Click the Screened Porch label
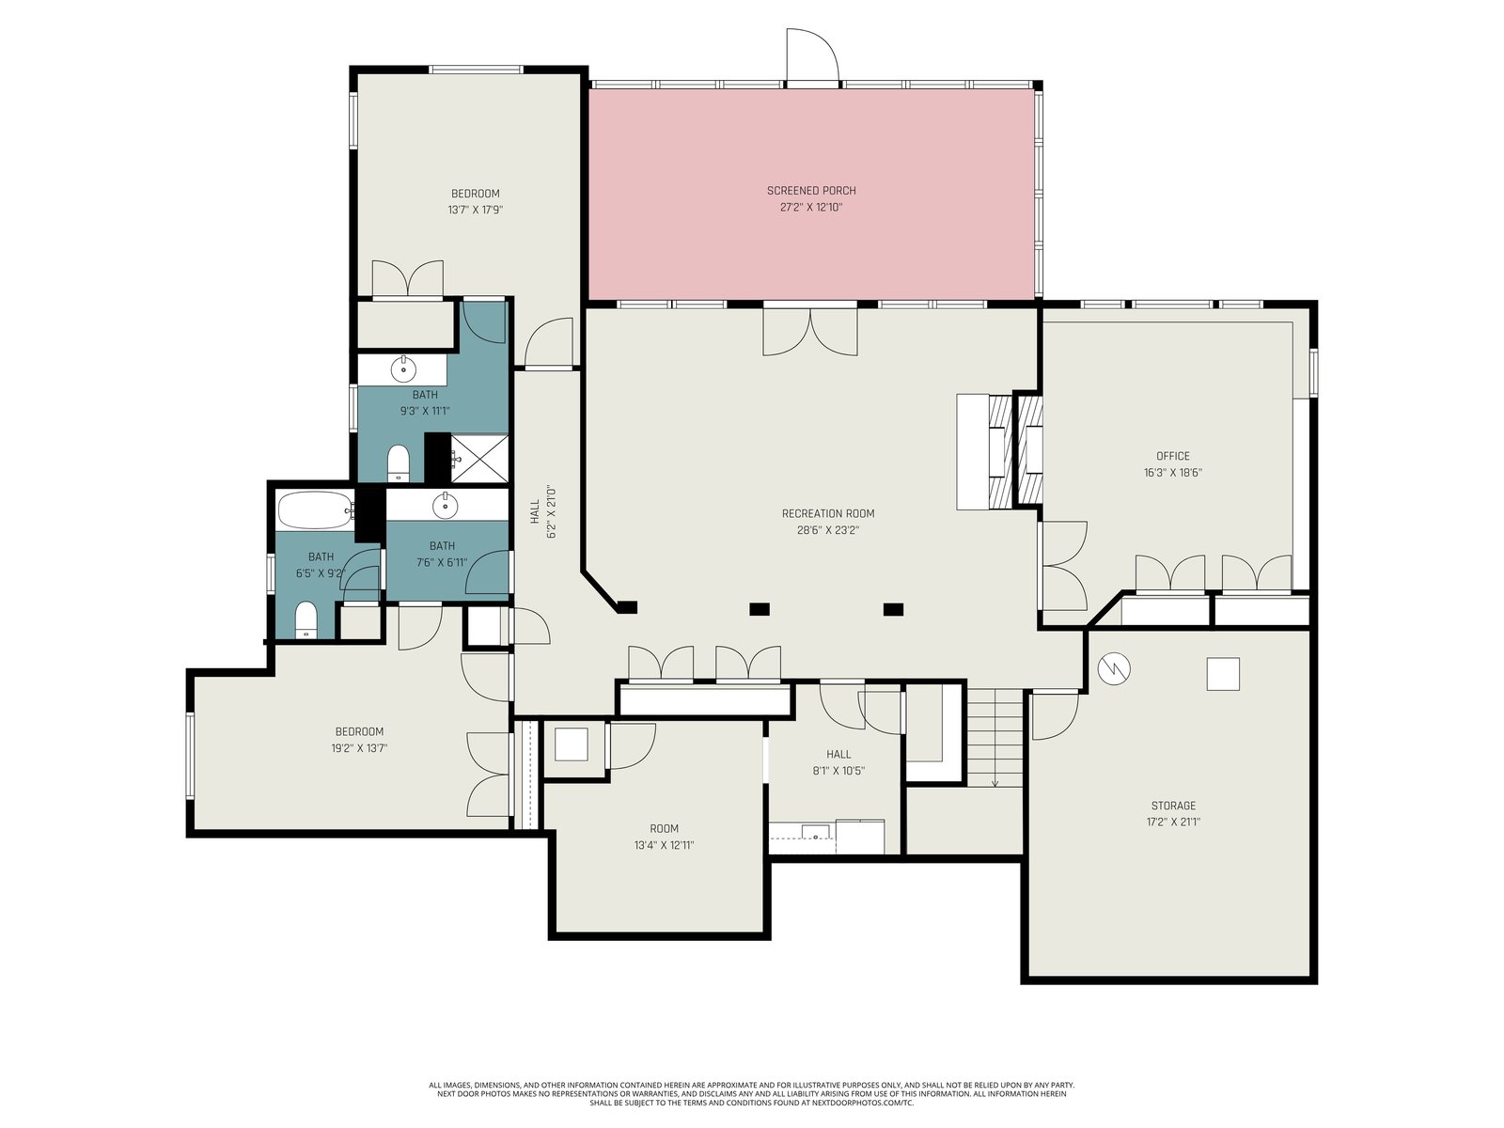(x=811, y=191)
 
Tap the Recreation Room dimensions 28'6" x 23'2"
(x=828, y=529)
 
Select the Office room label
(x=1173, y=456)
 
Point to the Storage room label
(x=1173, y=806)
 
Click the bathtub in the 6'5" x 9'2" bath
(x=315, y=510)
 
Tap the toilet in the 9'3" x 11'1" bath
(x=398, y=462)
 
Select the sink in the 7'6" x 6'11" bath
(x=446, y=506)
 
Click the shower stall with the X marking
(x=479, y=458)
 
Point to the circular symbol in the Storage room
(x=1114, y=668)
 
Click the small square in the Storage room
(x=1222, y=673)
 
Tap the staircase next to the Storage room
(x=995, y=738)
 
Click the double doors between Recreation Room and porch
(x=810, y=332)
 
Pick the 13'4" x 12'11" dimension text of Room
(x=664, y=845)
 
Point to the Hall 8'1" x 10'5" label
(x=838, y=762)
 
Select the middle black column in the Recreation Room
(x=760, y=609)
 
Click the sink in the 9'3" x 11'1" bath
(x=403, y=369)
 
